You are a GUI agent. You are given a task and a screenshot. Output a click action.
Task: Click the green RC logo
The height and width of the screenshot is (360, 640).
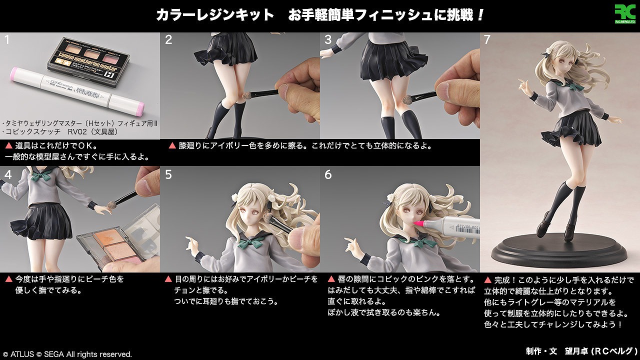pyautogui.click(x=625, y=13)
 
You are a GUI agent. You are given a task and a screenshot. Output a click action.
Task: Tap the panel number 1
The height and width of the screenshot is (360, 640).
pyautogui.click(x=7, y=39)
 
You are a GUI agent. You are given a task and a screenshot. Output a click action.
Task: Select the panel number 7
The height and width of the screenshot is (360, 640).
pyautogui.click(x=487, y=39)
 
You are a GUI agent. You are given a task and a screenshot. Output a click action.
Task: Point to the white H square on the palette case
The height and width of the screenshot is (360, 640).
pyautogui.click(x=108, y=74)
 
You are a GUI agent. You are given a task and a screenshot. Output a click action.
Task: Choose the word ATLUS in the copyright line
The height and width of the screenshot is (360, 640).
pyautogui.click(x=22, y=354)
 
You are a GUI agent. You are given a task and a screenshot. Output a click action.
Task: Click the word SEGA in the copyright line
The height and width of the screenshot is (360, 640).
pyautogui.click(x=53, y=354)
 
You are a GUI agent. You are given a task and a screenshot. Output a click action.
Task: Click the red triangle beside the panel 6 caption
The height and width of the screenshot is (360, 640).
pyautogui.click(x=331, y=279)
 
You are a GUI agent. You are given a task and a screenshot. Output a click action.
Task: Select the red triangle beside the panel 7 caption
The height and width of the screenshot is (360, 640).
pyautogui.click(x=487, y=280)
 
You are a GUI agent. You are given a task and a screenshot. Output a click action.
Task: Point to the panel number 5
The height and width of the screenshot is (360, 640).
pyautogui.click(x=168, y=174)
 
